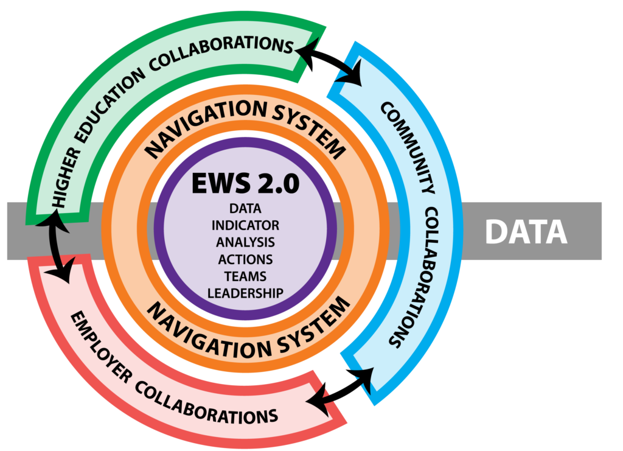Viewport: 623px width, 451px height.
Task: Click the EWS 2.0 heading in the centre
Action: (245, 184)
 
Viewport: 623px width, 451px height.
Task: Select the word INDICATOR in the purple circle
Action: (245, 225)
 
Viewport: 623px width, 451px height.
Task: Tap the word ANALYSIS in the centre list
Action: (245, 242)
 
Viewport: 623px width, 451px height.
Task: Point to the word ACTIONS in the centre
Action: (245, 259)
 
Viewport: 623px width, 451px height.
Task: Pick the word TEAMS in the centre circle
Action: (245, 276)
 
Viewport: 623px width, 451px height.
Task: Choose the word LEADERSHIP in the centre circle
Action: (245, 293)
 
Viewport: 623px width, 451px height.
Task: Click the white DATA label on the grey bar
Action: (526, 232)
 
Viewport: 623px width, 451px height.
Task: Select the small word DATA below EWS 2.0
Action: (245, 209)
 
